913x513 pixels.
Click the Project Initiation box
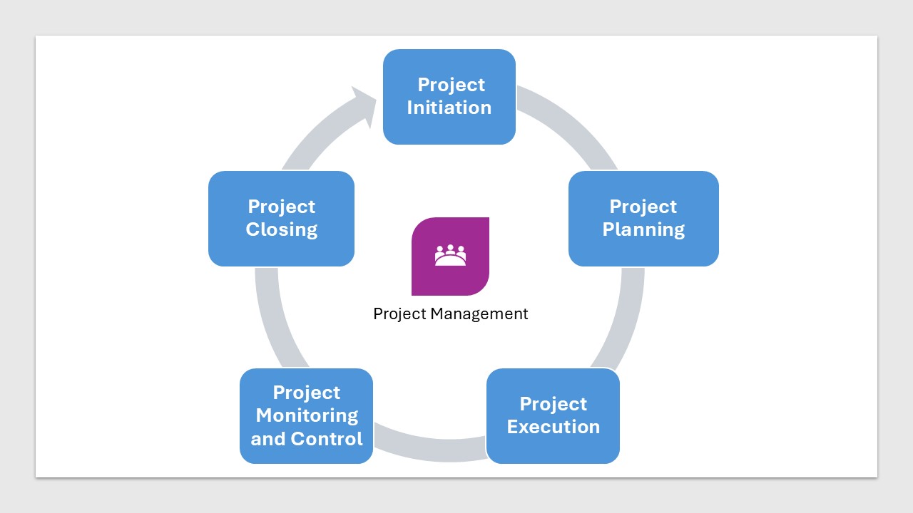pos(449,97)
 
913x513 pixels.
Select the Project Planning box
pos(643,219)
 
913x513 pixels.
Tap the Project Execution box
pos(553,416)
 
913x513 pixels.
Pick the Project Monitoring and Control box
pos(307,416)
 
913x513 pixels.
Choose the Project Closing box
pos(281,219)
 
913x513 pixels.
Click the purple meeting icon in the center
pos(450,256)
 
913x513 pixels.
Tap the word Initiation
pos(449,108)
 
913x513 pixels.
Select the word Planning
pos(643,230)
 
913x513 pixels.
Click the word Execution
pos(553,427)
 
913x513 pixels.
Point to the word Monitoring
pos(307,415)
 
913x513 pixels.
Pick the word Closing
pos(281,230)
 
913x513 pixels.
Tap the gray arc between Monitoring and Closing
pos(274,321)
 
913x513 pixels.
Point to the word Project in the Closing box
pos(281,207)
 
